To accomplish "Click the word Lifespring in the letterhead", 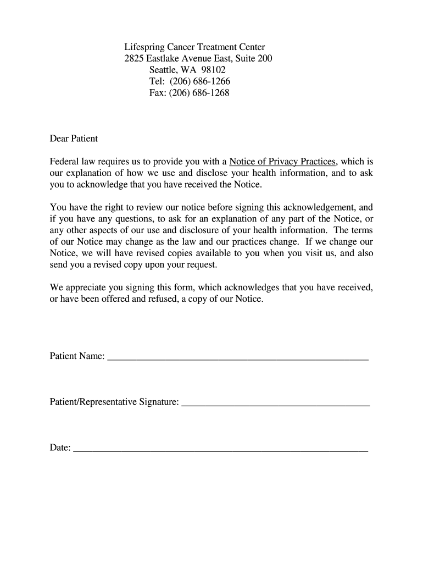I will point(144,47).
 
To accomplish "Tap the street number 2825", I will point(134,59).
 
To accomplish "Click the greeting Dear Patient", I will point(74,139).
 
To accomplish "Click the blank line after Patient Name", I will point(238,358).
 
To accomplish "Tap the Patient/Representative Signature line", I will point(275,404).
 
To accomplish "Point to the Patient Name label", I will point(77,357).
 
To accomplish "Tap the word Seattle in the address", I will point(163,70).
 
